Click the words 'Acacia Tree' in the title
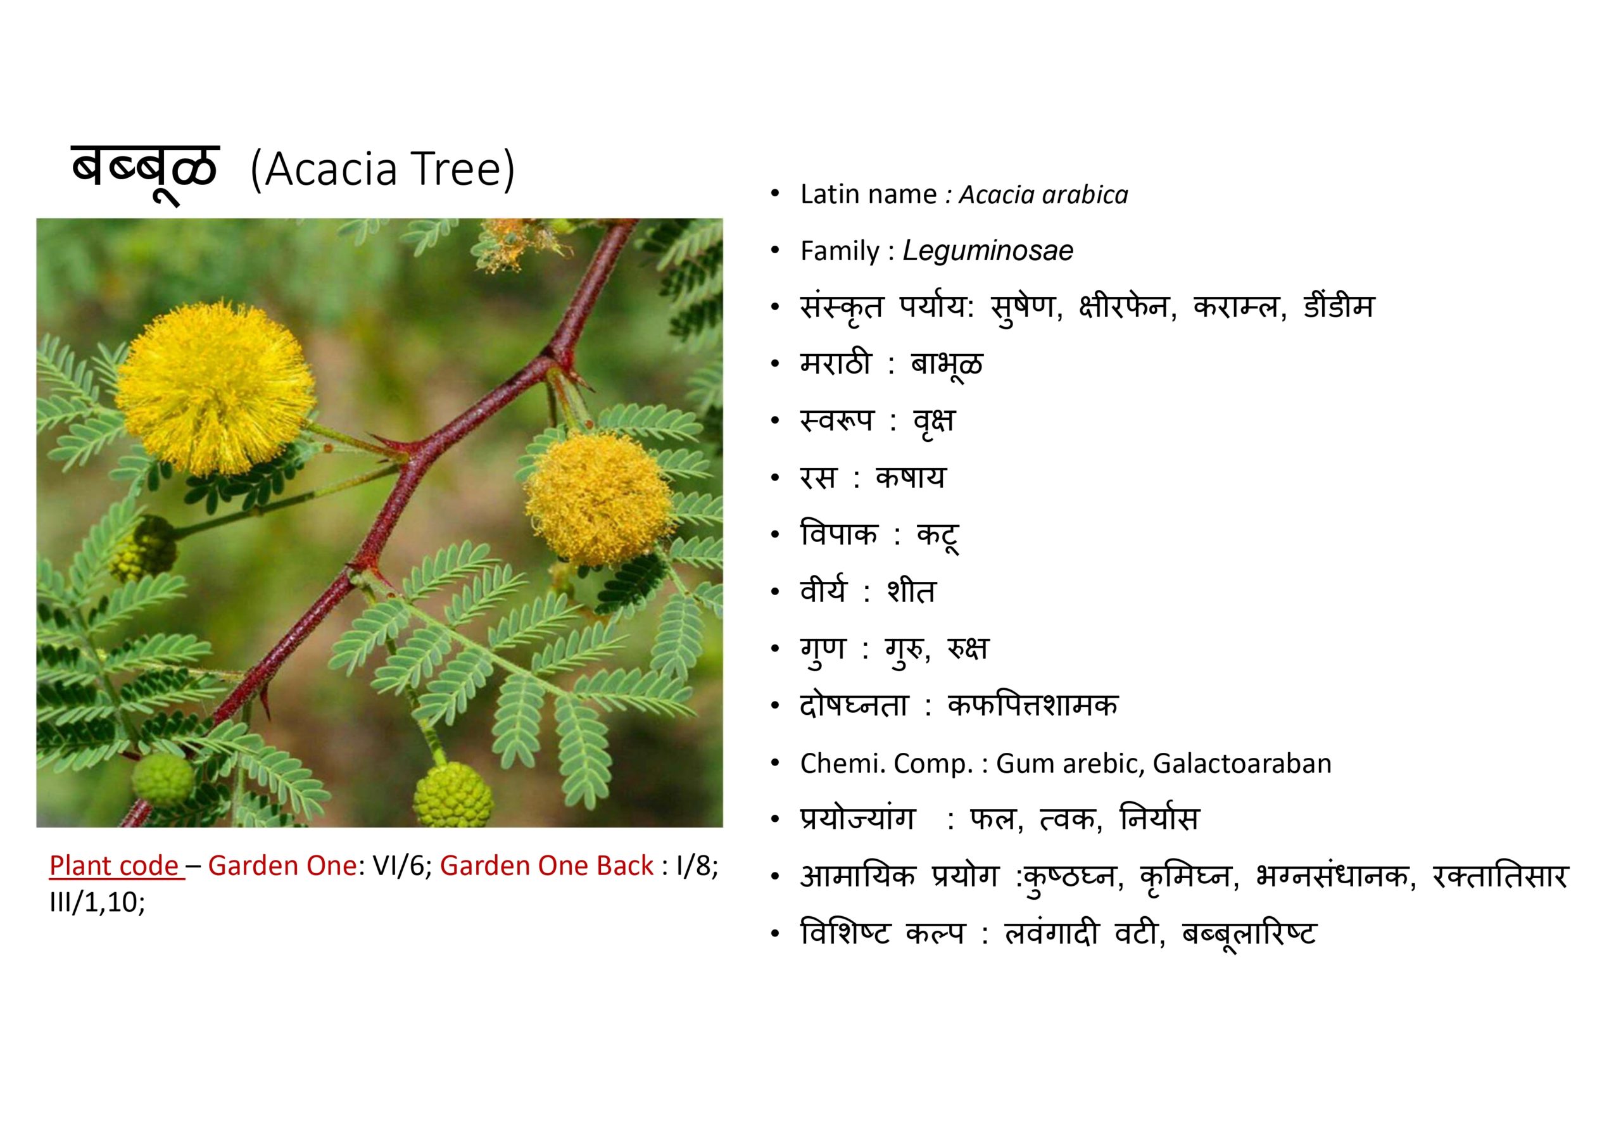click(x=382, y=170)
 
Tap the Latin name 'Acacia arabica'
click(x=1044, y=195)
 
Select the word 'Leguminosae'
click(x=988, y=251)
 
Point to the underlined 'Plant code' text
click(x=114, y=866)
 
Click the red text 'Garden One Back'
click(x=546, y=866)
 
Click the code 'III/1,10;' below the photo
click(x=97, y=903)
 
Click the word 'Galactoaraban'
click(x=1242, y=764)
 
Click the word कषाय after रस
click(x=910, y=478)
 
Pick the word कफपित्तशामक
click(x=1033, y=705)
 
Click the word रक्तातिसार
click(x=1499, y=876)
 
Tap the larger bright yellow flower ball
click(x=215, y=388)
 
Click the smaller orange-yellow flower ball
click(x=599, y=499)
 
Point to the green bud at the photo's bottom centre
click(x=453, y=795)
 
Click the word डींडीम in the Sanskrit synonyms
click(x=1339, y=307)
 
